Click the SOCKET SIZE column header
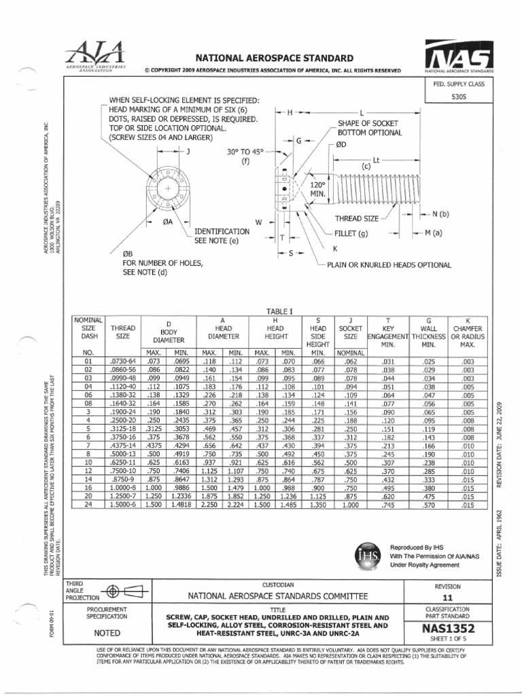[x=350, y=331]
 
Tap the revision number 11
[x=447, y=597]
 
